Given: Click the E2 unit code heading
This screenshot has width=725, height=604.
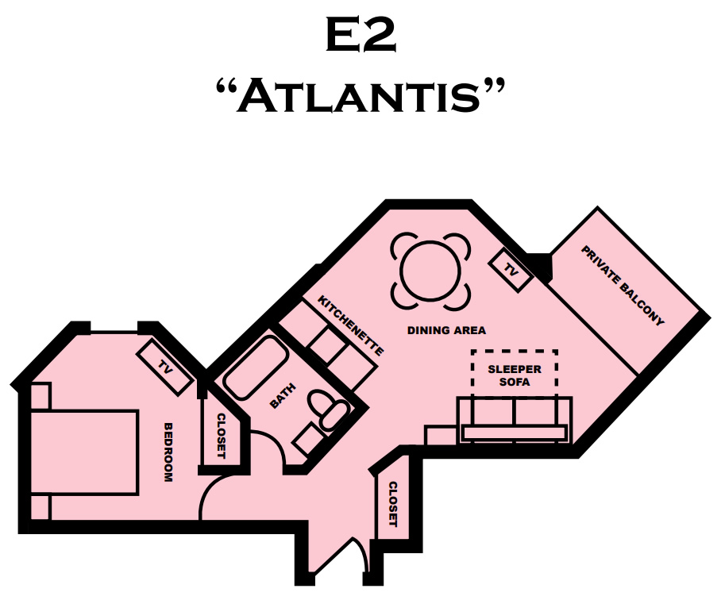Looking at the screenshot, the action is (361, 35).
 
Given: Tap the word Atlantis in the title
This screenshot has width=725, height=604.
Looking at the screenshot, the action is (361, 95).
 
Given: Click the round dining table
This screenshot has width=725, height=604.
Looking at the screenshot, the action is (430, 271).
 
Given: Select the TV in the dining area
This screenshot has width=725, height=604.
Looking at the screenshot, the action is (511, 270).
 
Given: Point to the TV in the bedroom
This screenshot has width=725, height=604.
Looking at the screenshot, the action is (164, 367).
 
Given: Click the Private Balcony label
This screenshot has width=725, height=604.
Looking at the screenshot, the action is (623, 286).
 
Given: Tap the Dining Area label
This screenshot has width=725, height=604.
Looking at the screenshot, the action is (446, 330).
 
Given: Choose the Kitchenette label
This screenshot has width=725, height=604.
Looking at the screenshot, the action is (350, 325).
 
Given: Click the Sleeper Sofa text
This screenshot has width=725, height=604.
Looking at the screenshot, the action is (515, 375).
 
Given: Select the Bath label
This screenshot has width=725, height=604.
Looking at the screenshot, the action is (283, 396).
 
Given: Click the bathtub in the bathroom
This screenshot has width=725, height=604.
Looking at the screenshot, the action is (256, 367).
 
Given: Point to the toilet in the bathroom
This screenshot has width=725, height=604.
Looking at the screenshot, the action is (328, 409).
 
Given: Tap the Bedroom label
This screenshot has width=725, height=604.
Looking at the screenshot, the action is (169, 452).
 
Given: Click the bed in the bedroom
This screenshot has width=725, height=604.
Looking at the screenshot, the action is (85, 452).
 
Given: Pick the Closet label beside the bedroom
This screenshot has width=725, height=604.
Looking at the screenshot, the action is (222, 436).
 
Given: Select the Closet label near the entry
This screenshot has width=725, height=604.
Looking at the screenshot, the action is (393, 504).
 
